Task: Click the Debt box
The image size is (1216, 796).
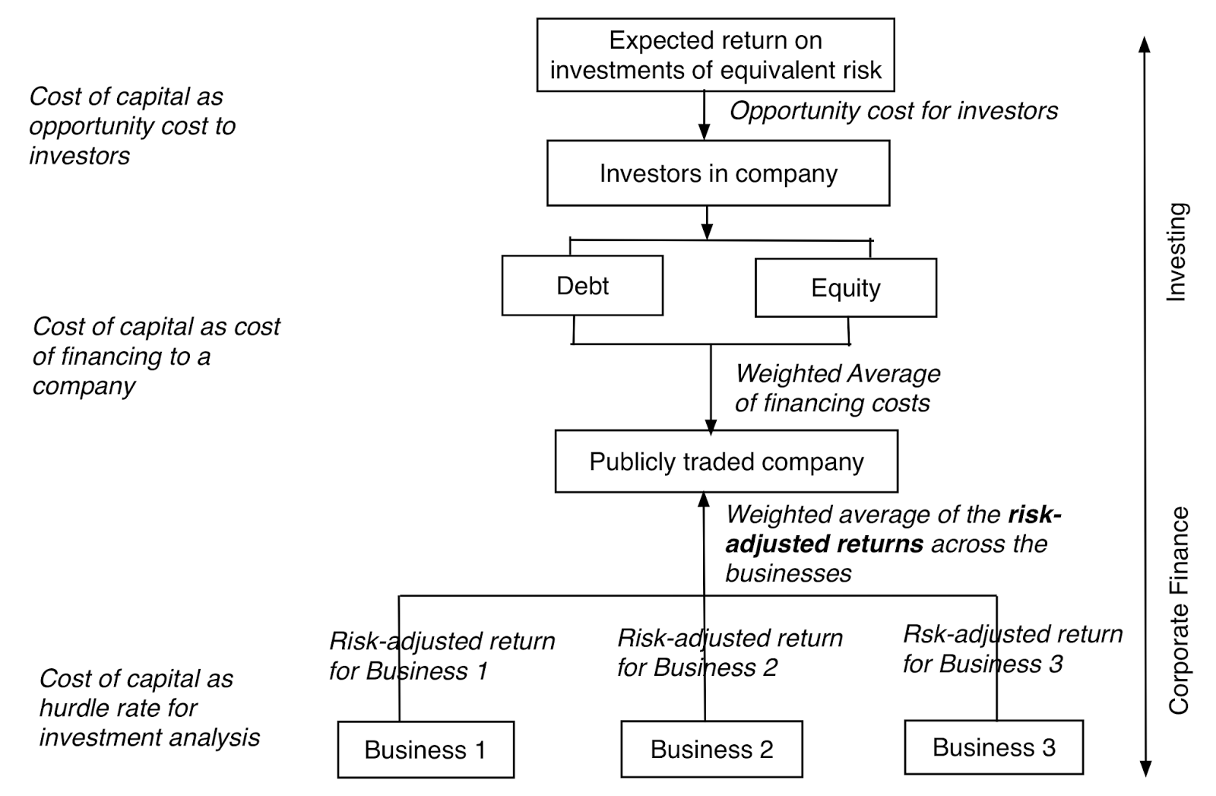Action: (x=582, y=286)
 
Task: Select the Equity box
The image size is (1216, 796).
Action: (x=845, y=288)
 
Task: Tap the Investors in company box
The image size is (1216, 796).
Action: (x=717, y=173)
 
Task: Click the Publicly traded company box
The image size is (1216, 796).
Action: (x=726, y=461)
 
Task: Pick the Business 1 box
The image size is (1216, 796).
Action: (x=425, y=750)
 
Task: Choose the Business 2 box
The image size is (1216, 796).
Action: (x=711, y=749)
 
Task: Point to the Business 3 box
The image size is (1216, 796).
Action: (x=993, y=747)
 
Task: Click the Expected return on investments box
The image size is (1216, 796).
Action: (x=715, y=55)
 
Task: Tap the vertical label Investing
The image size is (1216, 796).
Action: (x=1176, y=252)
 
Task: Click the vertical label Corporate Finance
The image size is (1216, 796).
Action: (x=1178, y=610)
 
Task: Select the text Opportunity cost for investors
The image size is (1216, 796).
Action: (x=893, y=111)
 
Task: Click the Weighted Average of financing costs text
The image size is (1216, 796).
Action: (x=836, y=388)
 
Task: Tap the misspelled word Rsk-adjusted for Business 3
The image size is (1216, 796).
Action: (x=942, y=634)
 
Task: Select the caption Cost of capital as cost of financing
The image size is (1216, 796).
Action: (x=155, y=356)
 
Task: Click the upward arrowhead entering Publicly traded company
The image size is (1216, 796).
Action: (x=704, y=499)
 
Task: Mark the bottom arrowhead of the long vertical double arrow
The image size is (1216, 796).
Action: (x=1145, y=769)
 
